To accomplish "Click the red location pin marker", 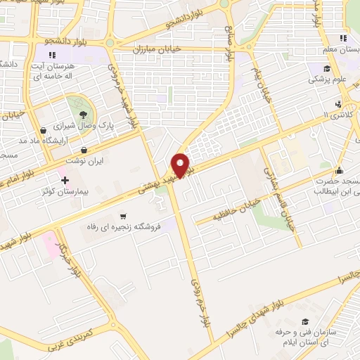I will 181,165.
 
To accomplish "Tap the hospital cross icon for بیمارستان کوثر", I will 65,179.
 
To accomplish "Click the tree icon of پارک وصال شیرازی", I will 84,113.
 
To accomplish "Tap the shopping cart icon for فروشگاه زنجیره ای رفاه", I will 124,216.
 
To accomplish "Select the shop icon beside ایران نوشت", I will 85,150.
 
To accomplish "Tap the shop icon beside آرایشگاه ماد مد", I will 44,130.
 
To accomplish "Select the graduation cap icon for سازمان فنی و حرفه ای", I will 304,321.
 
